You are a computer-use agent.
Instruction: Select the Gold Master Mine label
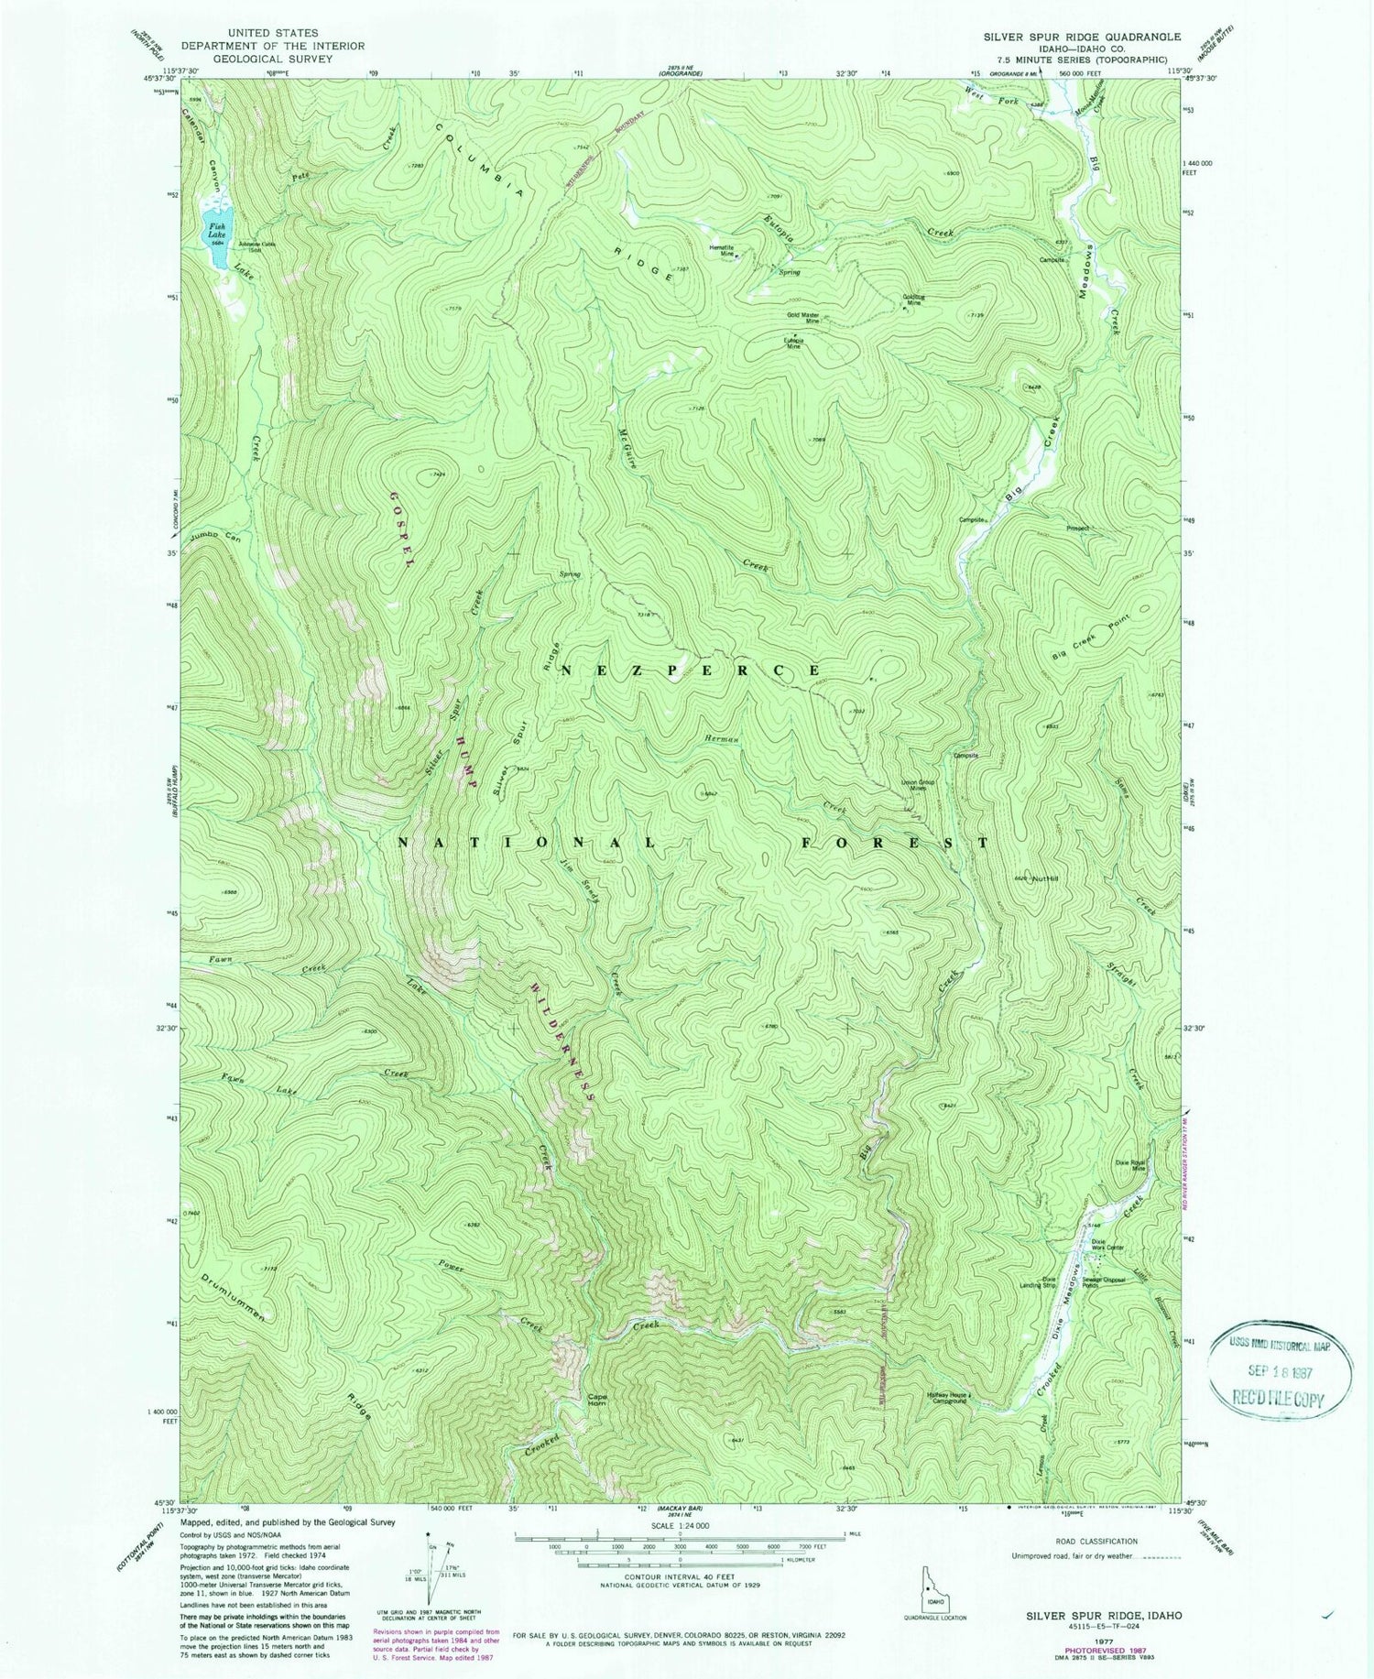802,318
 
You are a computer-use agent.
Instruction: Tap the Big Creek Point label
1098,638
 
